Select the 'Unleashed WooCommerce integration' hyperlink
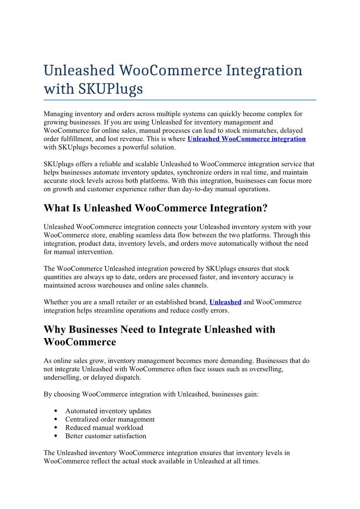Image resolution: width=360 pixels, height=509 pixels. (246, 139)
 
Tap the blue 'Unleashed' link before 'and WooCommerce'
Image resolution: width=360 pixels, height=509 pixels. (225, 302)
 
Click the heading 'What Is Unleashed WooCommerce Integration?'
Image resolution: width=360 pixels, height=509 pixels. (156, 208)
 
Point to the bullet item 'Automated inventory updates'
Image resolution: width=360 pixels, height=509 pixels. (108, 411)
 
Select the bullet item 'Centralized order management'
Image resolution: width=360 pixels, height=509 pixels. (110, 419)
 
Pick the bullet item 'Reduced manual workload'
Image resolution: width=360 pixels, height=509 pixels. (104, 427)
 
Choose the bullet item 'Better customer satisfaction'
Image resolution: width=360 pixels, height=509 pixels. (106, 436)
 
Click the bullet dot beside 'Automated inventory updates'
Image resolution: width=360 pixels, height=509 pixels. (55, 411)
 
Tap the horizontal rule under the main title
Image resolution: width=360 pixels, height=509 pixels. (180, 99)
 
